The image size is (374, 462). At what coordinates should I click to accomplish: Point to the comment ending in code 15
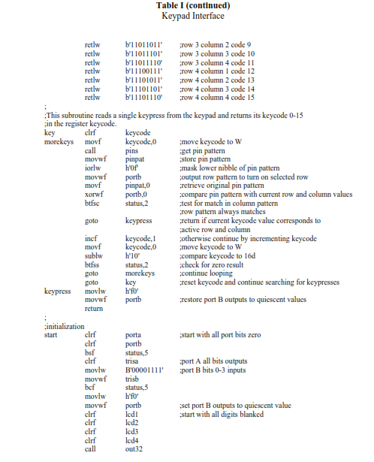click(x=218, y=97)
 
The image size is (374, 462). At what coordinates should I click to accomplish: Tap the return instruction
click(x=94, y=308)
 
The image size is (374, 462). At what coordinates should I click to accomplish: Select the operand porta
click(x=134, y=335)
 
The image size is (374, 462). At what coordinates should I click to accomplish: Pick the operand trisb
click(x=133, y=378)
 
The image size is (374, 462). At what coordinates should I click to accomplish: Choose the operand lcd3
click(x=132, y=433)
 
